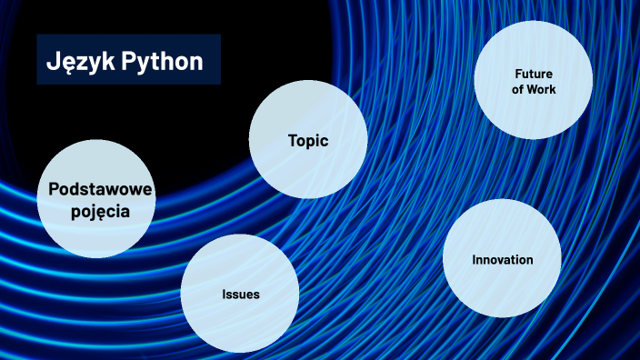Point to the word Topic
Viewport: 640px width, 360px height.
point(307,141)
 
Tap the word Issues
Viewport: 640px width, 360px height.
point(241,295)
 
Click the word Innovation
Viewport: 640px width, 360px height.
point(503,260)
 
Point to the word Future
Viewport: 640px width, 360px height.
point(534,74)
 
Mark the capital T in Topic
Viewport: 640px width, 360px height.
point(292,141)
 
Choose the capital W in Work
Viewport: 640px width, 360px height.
point(533,89)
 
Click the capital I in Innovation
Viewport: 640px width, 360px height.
point(474,260)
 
